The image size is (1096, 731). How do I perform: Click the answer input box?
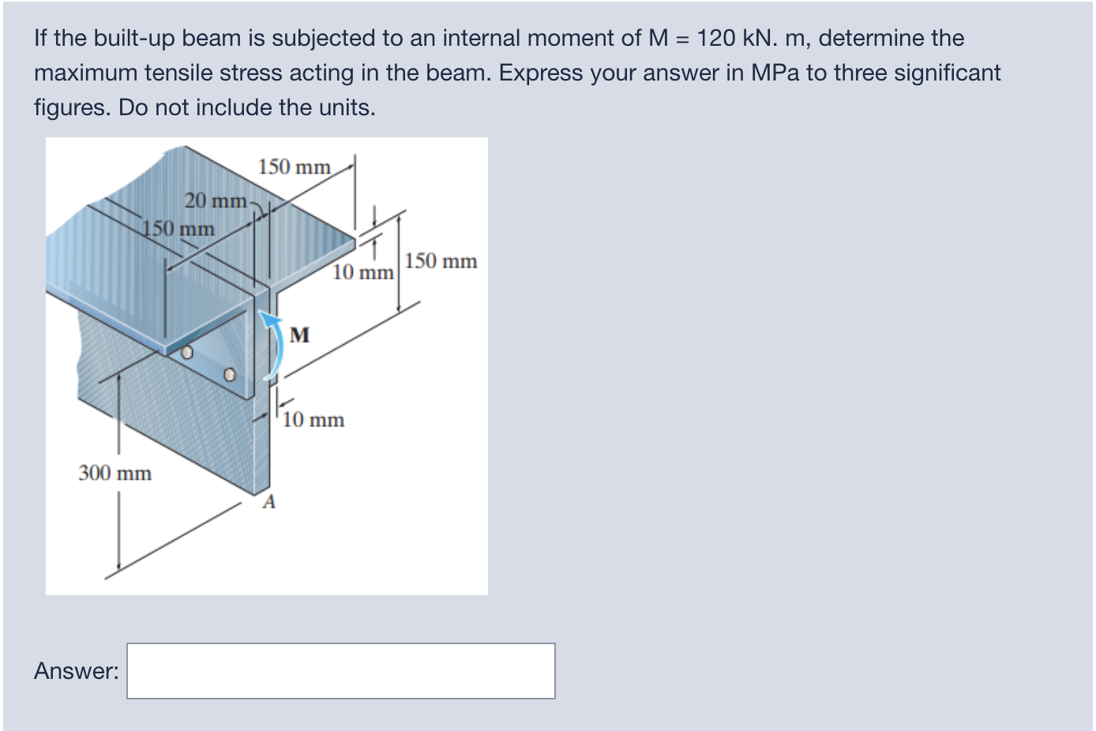click(x=340, y=671)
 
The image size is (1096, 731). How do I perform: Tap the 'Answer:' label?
click(x=77, y=671)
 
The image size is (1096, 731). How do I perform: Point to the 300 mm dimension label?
click(x=115, y=473)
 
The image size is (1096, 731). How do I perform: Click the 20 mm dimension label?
click(x=216, y=201)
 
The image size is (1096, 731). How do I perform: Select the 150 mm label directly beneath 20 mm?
click(x=178, y=228)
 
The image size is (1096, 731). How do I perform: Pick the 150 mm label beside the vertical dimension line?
click(x=441, y=261)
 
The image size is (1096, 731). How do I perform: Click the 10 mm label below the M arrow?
click(x=313, y=419)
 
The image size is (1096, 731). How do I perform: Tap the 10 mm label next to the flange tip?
click(x=362, y=272)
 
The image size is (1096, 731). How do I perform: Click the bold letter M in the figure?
click(x=299, y=335)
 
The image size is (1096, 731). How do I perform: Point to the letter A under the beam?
click(x=268, y=502)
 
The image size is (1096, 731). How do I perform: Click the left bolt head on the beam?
click(x=187, y=353)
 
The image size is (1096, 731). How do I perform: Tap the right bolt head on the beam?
click(x=229, y=374)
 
